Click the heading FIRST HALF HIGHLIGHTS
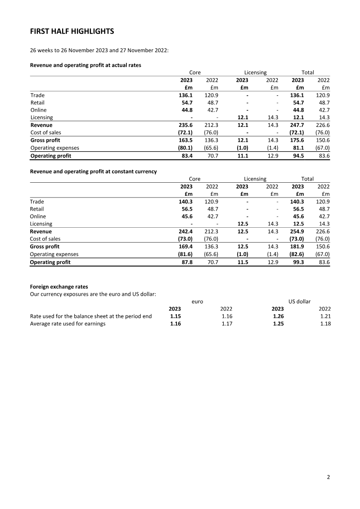[72, 31]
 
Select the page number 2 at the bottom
[328, 477]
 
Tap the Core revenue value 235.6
[185, 125]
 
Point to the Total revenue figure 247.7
[297, 125]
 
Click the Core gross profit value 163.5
[185, 140]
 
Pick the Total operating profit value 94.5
[298, 156]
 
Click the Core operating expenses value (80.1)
[184, 148]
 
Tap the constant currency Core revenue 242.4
[185, 232]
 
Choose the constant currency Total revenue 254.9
[297, 232]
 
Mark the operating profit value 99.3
[298, 262]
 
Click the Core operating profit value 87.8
[187, 262]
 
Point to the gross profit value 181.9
[297, 247]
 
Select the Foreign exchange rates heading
[59, 287]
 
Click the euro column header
[198, 302]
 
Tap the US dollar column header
[299, 302]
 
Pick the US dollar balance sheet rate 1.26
[278, 316]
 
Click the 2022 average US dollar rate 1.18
[324, 324]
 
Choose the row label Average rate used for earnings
[67, 324]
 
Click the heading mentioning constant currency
[93, 171]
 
